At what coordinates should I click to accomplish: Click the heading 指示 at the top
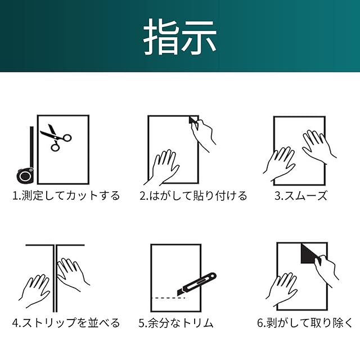180,37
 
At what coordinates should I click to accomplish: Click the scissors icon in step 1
56,137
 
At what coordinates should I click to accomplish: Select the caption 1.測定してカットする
66,196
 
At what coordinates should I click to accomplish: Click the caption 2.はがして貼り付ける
193,196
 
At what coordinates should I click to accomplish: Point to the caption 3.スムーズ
301,196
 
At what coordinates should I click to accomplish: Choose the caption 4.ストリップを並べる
66,323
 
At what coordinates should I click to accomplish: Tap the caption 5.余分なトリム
176,323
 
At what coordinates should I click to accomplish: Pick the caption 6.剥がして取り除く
305,323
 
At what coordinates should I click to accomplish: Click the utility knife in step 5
196,283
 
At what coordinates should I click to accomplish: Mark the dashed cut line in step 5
168,298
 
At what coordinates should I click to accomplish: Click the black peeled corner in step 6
309,254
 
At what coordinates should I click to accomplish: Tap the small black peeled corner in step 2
193,120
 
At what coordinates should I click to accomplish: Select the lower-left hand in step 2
162,168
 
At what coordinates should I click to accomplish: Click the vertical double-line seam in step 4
55,278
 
